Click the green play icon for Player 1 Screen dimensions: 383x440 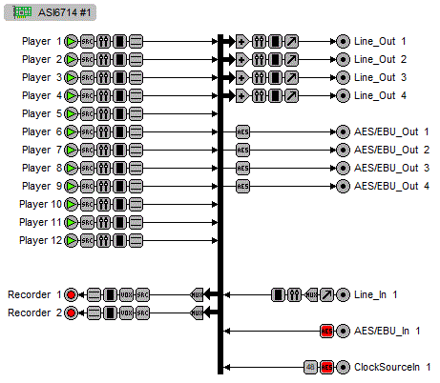pos(72,42)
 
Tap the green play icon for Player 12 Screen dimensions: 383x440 pos(72,241)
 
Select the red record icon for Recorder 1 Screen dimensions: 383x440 pos(72,294)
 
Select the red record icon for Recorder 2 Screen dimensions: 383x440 pos(72,312)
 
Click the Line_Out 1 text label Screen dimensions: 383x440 pos(380,42)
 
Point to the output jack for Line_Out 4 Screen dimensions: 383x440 pos(343,95)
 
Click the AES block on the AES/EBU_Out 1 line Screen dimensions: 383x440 pos(242,131)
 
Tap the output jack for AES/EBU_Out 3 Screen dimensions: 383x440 pos(343,168)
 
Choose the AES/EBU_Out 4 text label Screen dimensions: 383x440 pos(392,186)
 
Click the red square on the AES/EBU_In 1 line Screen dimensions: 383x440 pos(326,331)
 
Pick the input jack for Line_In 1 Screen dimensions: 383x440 pos(343,294)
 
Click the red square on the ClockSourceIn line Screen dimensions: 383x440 pos(326,367)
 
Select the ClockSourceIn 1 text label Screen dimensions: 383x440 pos(392,367)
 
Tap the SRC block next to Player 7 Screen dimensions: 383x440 pos(87,150)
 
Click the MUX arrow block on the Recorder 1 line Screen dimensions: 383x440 pos(199,294)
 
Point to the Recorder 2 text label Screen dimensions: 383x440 pos(35,312)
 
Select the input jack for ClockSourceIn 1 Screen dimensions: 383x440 pos(343,367)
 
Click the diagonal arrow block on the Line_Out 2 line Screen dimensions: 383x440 pos(291,60)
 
